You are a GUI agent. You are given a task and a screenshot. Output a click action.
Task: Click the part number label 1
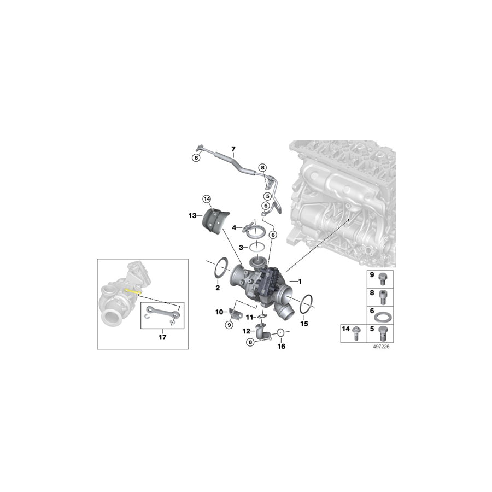298,280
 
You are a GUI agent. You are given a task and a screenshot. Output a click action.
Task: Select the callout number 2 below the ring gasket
217,288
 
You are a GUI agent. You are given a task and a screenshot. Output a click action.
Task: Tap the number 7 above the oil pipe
233,149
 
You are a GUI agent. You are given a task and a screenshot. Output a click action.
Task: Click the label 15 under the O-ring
304,324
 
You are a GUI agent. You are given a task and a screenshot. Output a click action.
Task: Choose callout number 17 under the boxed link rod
162,337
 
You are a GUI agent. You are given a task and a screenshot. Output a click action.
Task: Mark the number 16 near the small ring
282,346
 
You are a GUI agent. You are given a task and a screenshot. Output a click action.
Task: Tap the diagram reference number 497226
382,346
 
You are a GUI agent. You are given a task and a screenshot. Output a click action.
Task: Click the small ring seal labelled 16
279,332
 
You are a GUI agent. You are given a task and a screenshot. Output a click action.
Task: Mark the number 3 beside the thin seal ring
240,248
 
